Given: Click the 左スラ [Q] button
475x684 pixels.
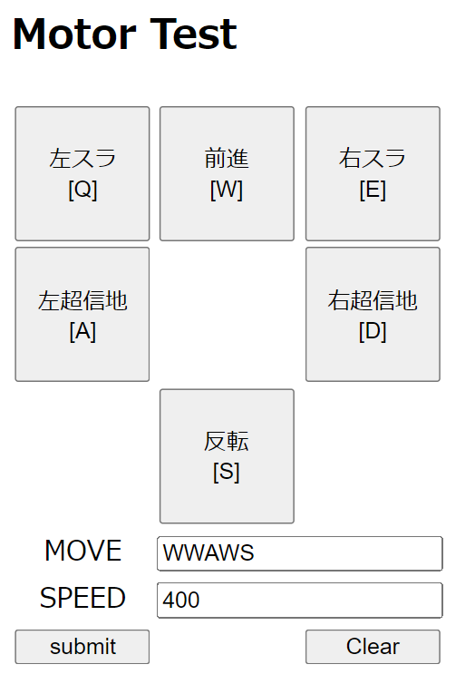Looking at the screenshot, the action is tap(82, 173).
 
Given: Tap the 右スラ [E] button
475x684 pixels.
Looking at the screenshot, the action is tap(373, 173).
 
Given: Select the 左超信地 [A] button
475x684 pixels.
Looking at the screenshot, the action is tap(82, 315).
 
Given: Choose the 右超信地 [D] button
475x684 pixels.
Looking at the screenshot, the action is tap(373, 315).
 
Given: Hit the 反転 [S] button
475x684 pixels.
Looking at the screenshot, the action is tap(227, 456).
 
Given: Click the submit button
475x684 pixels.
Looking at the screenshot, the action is tap(82, 647).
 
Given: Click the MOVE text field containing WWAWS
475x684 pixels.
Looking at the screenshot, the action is tap(300, 553).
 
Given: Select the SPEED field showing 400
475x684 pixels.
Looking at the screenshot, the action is tap(300, 601).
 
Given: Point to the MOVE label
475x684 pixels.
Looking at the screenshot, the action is tap(82, 551).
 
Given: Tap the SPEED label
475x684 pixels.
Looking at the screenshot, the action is tap(82, 598).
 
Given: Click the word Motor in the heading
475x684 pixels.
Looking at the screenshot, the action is tap(74, 34).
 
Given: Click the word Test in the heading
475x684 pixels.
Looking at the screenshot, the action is tap(193, 34).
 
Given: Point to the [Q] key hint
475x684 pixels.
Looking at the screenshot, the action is tap(82, 190).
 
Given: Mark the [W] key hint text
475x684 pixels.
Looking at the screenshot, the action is tap(227, 190).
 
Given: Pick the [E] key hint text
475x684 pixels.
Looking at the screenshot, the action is tap(373, 190).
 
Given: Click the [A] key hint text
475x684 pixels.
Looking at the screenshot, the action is tap(82, 331).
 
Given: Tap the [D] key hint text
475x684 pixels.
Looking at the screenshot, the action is tap(373, 331).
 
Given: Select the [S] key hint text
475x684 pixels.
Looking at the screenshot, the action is tap(227, 472).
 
